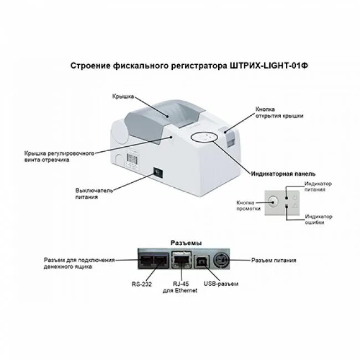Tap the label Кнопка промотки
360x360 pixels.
246,205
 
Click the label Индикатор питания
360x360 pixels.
319,187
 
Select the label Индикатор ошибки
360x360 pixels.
319,219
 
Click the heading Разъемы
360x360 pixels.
185,243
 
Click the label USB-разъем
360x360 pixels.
220,284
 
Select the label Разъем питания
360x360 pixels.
274,260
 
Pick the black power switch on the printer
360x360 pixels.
157,173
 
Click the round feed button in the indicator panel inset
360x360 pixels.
274,203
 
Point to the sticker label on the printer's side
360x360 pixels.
131,160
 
